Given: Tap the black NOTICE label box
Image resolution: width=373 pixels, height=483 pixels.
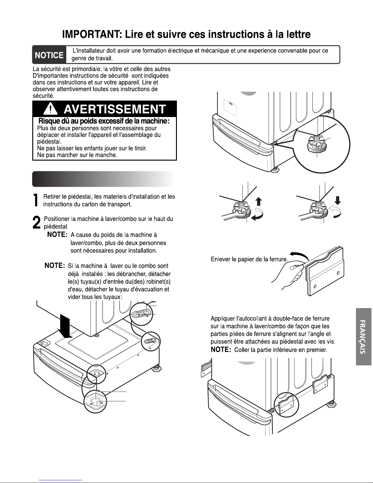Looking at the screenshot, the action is [x=49, y=55].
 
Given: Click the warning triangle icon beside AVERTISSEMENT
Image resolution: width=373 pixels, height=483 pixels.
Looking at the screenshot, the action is [x=51, y=108].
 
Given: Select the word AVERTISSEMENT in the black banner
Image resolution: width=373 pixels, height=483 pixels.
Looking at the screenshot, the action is [x=115, y=109].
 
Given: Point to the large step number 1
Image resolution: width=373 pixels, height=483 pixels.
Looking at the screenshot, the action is [x=36, y=200].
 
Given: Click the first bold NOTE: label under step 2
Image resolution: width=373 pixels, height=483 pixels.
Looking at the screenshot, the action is [x=57, y=235].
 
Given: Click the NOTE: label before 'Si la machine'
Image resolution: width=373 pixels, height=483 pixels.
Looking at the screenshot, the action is [x=55, y=265].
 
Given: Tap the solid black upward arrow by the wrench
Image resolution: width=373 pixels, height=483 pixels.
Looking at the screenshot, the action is [x=259, y=201].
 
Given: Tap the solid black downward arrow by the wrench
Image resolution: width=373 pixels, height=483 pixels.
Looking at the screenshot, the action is [x=337, y=200].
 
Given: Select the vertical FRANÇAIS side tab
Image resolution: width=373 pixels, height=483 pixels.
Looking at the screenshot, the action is [x=364, y=336].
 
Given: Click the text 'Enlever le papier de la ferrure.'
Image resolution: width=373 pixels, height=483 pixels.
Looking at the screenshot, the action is [x=249, y=259].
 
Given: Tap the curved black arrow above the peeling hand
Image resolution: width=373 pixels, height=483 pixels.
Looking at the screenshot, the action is [x=299, y=255].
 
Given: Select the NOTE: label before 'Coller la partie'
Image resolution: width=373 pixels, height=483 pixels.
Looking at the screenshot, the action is [x=221, y=350].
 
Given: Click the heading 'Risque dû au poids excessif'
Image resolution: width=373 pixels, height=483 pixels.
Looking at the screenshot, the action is [x=104, y=121].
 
